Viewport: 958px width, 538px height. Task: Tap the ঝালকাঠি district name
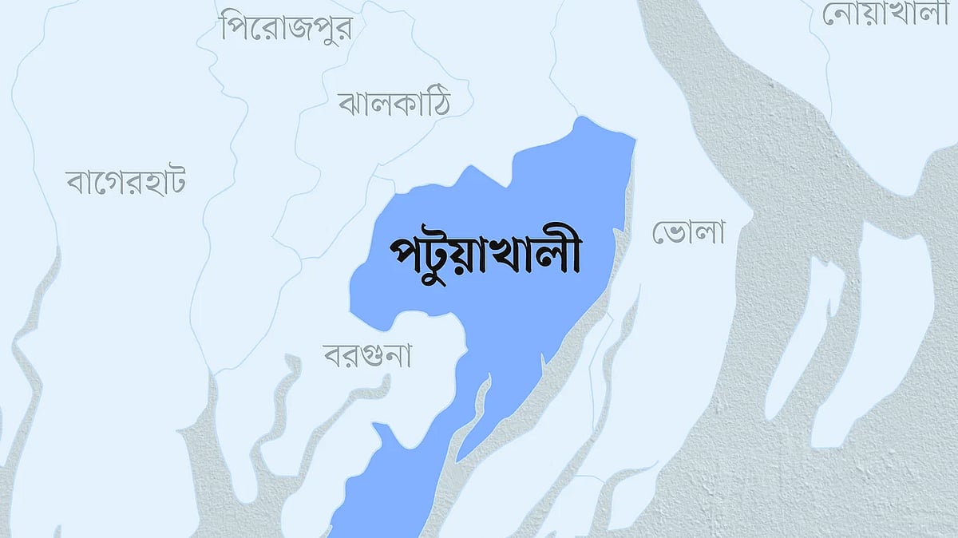click(x=394, y=103)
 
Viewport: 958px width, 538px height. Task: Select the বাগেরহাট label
click(x=126, y=182)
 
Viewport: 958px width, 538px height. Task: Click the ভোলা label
click(x=688, y=233)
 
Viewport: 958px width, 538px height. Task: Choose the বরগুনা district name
click(x=367, y=355)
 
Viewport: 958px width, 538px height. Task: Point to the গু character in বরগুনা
click(x=376, y=357)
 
